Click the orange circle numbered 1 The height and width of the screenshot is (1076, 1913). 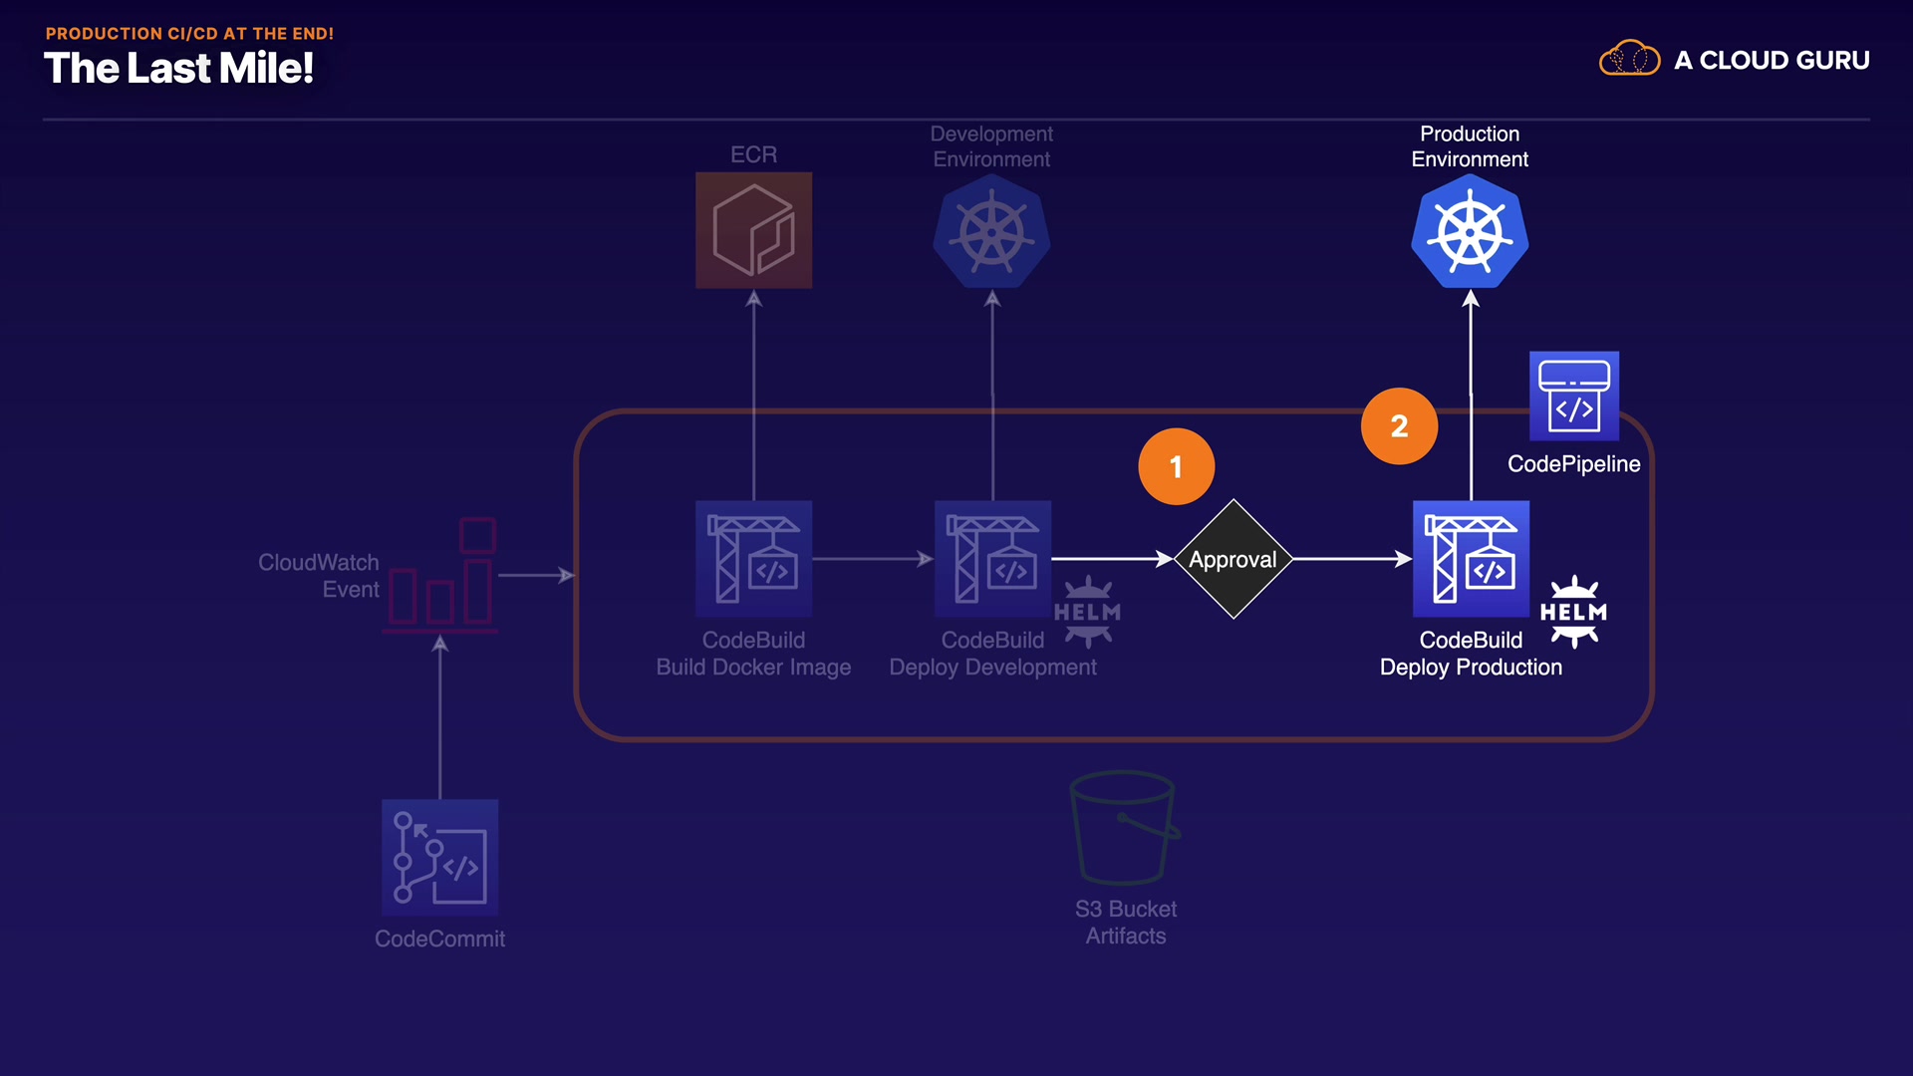1176,466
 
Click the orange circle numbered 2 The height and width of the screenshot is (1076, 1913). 1399,425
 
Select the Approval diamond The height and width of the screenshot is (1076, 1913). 1233,559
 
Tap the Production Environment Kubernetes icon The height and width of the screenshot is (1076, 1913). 1470,232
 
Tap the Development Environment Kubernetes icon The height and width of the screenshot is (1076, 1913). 991,232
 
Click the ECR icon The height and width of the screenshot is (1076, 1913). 753,230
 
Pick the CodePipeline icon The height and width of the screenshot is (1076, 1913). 1573,396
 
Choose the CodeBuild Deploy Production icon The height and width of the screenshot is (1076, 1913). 1471,559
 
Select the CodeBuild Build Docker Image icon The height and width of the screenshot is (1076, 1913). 753,559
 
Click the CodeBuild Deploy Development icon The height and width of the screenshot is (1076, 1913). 992,559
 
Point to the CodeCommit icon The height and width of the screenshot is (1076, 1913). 439,857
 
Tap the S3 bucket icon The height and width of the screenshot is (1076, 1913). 1124,827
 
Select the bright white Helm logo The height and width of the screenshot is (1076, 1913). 1573,612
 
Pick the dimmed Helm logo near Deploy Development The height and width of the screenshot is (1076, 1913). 1087,612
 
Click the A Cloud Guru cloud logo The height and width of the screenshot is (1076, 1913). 1629,59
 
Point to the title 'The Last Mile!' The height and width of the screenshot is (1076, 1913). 179,69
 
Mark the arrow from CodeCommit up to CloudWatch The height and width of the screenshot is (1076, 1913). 439,717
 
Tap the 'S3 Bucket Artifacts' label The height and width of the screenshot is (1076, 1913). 1126,923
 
